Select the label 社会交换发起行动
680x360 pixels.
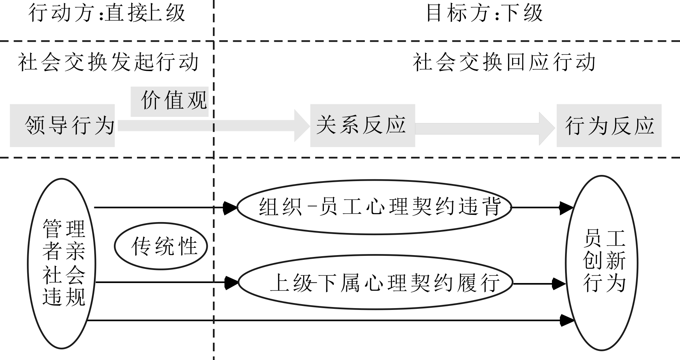pyautogui.click(x=108, y=62)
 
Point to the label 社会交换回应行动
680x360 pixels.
pyautogui.click(x=504, y=62)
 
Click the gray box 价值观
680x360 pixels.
pyautogui.click(x=170, y=101)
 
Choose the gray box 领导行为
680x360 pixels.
pyautogui.click(x=62, y=126)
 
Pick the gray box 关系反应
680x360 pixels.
pyautogui.click(x=362, y=126)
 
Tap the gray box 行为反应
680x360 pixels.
pyautogui.click(x=609, y=126)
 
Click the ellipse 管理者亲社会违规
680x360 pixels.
pyautogui.click(x=62, y=263)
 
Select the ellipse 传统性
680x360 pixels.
pyautogui.click(x=161, y=246)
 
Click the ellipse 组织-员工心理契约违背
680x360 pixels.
pyautogui.click(x=374, y=207)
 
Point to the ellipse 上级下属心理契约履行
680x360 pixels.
pyautogui.click(x=375, y=282)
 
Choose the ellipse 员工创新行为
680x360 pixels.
pyautogui.click(x=602, y=263)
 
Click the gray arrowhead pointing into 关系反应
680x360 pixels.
pyautogui.click(x=302, y=126)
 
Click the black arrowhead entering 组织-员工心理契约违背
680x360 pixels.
pyautogui.click(x=230, y=208)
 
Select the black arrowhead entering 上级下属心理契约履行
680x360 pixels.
pyautogui.click(x=231, y=282)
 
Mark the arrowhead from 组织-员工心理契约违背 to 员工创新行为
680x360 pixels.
pyautogui.click(x=566, y=208)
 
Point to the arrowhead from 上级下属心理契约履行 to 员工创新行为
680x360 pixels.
pyautogui.click(x=559, y=284)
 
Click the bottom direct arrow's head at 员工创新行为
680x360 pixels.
pyautogui.click(x=567, y=320)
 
